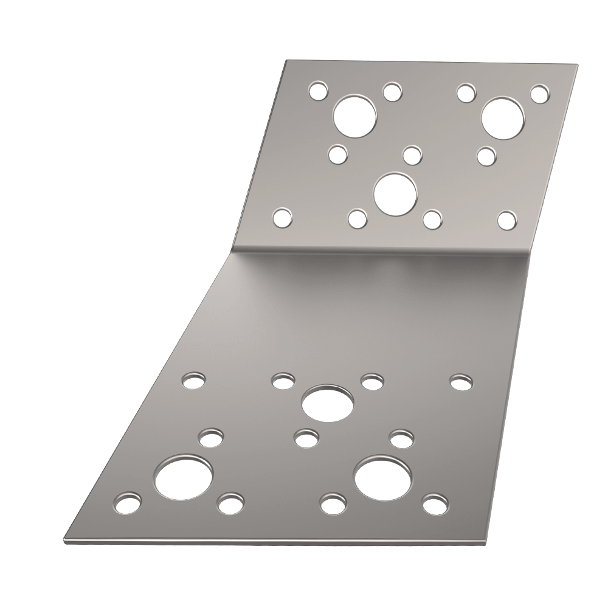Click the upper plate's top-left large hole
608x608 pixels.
[355, 117]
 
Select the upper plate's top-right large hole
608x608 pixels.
[504, 117]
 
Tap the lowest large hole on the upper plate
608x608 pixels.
[395, 194]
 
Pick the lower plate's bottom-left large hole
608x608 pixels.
[184, 475]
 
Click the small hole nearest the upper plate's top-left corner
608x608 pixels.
[317, 91]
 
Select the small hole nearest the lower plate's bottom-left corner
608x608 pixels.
[126, 502]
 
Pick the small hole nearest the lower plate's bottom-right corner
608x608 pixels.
[433, 504]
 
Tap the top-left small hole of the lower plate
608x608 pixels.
[194, 381]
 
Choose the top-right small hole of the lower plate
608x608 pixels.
[461, 382]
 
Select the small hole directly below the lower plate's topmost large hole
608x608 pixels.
[306, 437]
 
